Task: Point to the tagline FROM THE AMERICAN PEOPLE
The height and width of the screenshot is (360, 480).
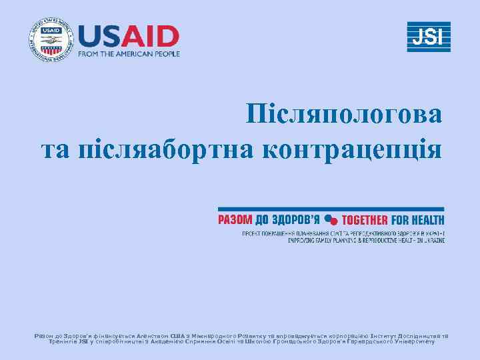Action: pyautogui.click(x=129, y=54)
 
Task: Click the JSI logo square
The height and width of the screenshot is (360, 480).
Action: pyautogui.click(x=429, y=37)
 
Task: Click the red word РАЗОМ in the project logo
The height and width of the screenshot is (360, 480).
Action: pyautogui.click(x=235, y=219)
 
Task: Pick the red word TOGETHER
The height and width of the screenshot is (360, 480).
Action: pyautogui.click(x=365, y=219)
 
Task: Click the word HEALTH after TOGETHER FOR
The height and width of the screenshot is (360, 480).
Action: pyautogui.click(x=429, y=219)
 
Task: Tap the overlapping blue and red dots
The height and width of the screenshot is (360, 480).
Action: pyautogui.click(x=331, y=219)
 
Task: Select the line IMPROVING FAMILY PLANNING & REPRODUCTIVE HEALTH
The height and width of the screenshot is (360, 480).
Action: pyautogui.click(x=366, y=240)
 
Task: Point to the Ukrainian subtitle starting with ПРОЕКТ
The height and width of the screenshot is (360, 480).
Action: pyautogui.click(x=343, y=233)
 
